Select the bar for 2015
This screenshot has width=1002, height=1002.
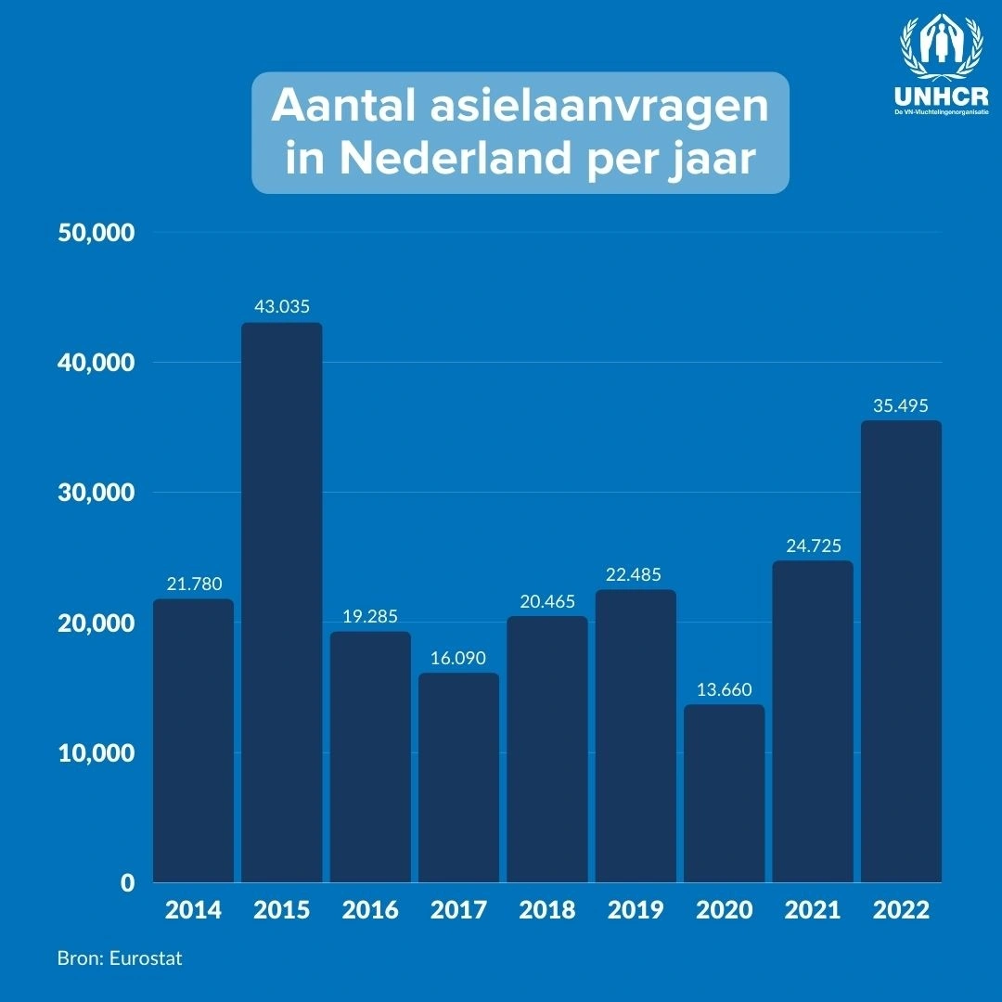point(282,602)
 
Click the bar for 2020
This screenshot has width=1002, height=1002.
point(724,793)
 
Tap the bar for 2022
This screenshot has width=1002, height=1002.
point(901,651)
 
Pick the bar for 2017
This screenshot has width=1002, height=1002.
point(459,777)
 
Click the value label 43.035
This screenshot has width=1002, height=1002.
point(282,307)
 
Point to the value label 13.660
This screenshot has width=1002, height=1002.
point(724,689)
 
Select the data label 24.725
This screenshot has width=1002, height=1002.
point(814,546)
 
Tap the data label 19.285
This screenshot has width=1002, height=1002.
point(370,616)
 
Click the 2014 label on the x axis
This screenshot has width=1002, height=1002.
point(193,909)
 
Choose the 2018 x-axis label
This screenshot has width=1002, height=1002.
point(547,909)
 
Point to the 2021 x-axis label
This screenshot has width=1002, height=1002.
point(813,909)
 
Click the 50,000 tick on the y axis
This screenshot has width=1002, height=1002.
point(96,233)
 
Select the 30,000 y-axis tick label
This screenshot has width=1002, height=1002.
point(96,493)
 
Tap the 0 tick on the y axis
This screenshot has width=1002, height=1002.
point(128,882)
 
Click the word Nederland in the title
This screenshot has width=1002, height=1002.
point(455,157)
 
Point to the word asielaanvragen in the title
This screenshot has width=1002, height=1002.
point(599,107)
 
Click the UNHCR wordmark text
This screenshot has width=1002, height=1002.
point(942,96)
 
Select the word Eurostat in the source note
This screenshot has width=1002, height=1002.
point(146,958)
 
